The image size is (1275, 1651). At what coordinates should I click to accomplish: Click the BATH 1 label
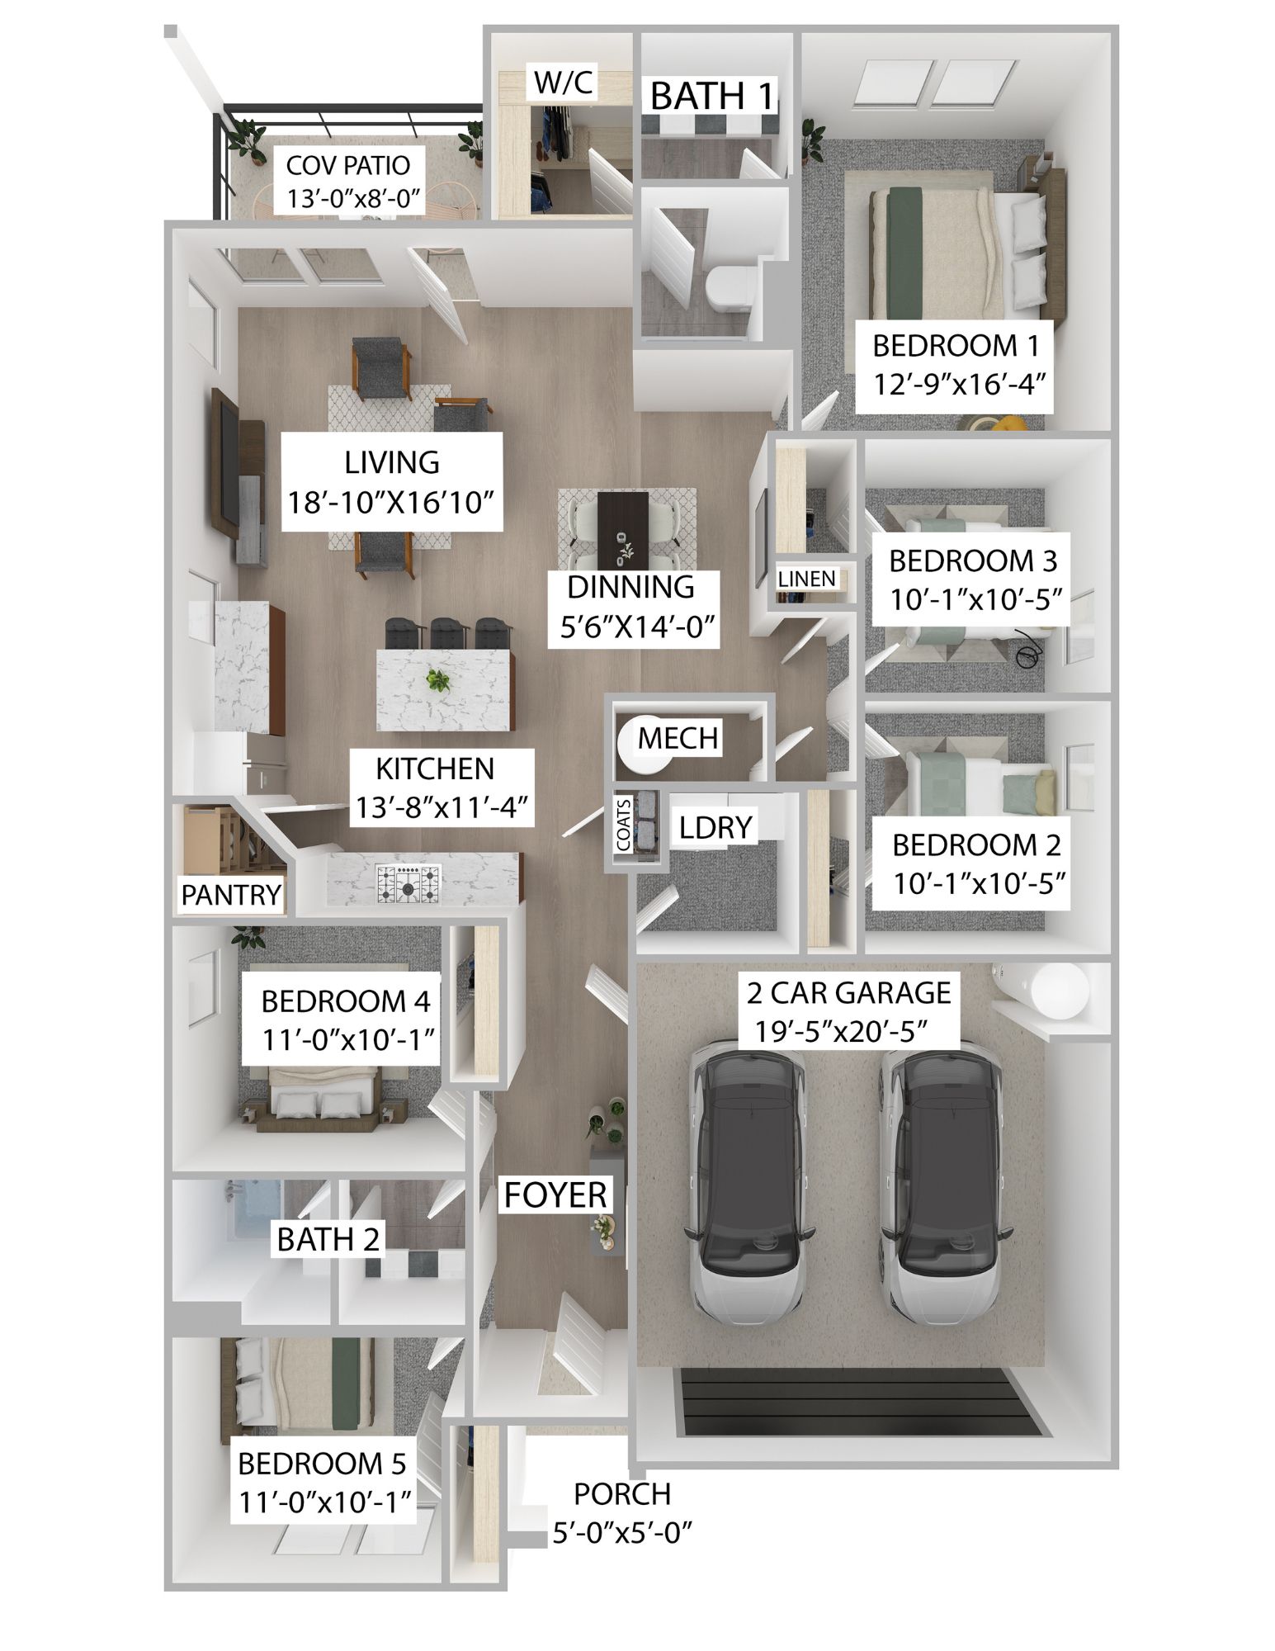click(x=713, y=97)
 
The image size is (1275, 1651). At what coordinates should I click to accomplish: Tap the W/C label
click(x=563, y=83)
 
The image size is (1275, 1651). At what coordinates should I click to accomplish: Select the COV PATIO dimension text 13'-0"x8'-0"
click(x=354, y=200)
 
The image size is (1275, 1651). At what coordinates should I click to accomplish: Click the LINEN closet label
click(x=806, y=580)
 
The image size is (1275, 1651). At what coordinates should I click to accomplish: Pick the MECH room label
click(x=678, y=738)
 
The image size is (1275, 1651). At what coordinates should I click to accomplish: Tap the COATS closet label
click(x=624, y=825)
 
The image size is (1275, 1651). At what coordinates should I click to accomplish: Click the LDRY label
click(x=715, y=827)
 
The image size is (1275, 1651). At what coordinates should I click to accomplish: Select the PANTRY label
click(x=231, y=895)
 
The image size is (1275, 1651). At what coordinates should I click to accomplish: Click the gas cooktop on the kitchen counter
click(x=408, y=884)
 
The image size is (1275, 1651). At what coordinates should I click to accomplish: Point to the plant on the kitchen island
click(x=437, y=681)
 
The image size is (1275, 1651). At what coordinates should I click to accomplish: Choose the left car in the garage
click(x=747, y=1182)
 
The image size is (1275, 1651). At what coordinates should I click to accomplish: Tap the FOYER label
click(x=555, y=1194)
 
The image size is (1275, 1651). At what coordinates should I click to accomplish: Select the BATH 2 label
click(x=328, y=1239)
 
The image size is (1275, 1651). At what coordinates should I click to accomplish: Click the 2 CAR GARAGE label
click(x=848, y=992)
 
